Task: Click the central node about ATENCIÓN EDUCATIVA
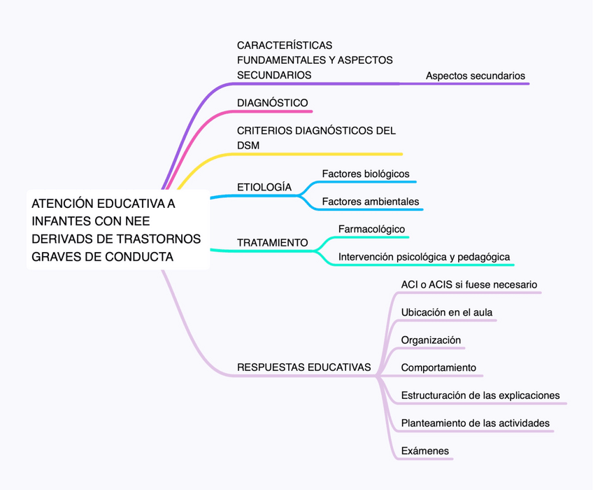click(117, 230)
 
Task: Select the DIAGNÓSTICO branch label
click(272, 103)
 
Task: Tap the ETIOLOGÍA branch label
click(264, 188)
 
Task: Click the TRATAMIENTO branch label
click(272, 243)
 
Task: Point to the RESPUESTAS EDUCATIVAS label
click(304, 367)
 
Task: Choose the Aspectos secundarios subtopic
click(475, 76)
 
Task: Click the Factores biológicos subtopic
click(365, 174)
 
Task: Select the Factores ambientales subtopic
click(370, 202)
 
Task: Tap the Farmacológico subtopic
click(371, 230)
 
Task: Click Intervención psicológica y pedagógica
click(424, 258)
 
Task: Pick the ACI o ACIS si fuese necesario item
click(469, 285)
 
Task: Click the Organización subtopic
click(431, 340)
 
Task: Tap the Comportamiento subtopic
click(438, 367)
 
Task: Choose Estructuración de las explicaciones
click(480, 395)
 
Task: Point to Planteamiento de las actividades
click(475, 423)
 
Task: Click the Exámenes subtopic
click(424, 451)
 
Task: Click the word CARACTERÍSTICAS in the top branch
click(285, 45)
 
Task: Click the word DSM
click(248, 146)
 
